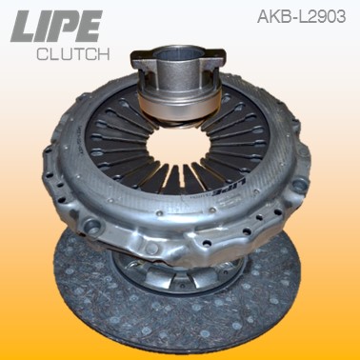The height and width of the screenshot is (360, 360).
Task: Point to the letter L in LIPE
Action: click(x=25, y=26)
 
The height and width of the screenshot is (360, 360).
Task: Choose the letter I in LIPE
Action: click(x=46, y=26)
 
